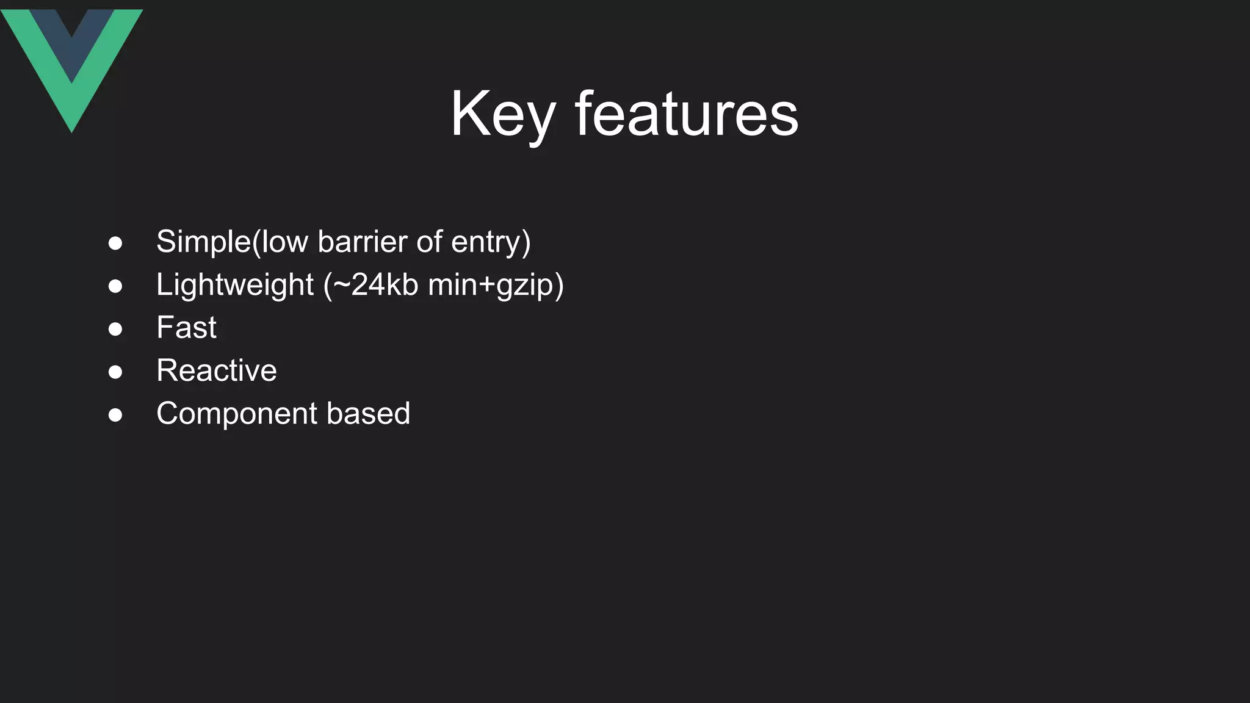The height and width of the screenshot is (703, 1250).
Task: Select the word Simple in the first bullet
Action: pos(203,242)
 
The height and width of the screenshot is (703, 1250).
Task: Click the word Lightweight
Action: pos(235,285)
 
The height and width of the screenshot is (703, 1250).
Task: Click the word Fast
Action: pos(186,328)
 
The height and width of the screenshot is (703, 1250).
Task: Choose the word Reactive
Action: pos(216,370)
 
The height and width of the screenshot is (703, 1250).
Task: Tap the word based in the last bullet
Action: pos(368,414)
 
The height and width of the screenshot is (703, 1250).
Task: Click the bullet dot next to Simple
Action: pos(115,243)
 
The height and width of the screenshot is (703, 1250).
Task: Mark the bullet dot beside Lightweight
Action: pos(115,286)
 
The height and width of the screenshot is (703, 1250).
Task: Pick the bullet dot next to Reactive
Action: pos(115,372)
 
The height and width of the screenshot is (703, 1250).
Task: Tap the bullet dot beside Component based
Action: pos(115,415)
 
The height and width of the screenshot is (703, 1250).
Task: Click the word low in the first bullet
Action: pos(284,242)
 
